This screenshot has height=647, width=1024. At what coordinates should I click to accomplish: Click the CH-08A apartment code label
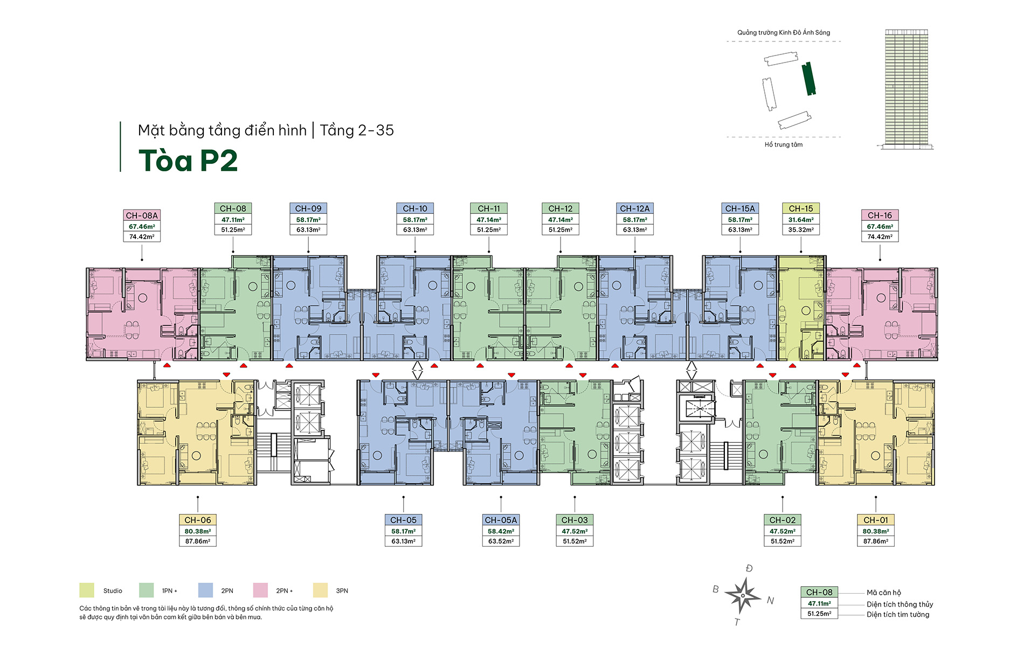pyautogui.click(x=142, y=215)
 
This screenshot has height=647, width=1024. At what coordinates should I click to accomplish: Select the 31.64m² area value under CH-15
pyautogui.click(x=800, y=220)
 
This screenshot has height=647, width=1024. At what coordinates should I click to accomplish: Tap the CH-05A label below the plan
pyautogui.click(x=501, y=520)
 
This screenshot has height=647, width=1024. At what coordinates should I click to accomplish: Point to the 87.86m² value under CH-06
pyautogui.click(x=198, y=541)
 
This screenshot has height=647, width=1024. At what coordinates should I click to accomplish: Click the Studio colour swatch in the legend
pyautogui.click(x=87, y=590)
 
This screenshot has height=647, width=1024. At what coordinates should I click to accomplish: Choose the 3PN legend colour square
pyautogui.click(x=320, y=590)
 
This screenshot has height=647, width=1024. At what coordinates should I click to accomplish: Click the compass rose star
pyautogui.click(x=743, y=595)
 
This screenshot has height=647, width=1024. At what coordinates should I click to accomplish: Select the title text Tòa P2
pyautogui.click(x=188, y=161)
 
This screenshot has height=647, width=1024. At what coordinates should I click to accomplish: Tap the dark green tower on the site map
pyautogui.click(x=808, y=79)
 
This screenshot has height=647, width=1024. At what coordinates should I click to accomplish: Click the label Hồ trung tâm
pyautogui.click(x=783, y=144)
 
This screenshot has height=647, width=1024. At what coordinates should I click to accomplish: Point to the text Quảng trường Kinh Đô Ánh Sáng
pyautogui.click(x=783, y=32)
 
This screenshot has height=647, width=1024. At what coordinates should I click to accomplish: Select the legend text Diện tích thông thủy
pyautogui.click(x=900, y=604)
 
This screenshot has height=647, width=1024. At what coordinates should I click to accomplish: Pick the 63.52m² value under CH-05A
pyautogui.click(x=501, y=541)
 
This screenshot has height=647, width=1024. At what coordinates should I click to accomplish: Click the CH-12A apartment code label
pyautogui.click(x=634, y=208)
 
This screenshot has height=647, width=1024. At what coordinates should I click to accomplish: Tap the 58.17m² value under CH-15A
pyautogui.click(x=740, y=220)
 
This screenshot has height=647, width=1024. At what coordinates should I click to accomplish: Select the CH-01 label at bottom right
pyautogui.click(x=875, y=520)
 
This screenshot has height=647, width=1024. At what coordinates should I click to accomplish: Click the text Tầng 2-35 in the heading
pyautogui.click(x=357, y=130)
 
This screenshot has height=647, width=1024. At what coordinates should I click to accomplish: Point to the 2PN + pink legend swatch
pyautogui.click(x=260, y=590)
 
